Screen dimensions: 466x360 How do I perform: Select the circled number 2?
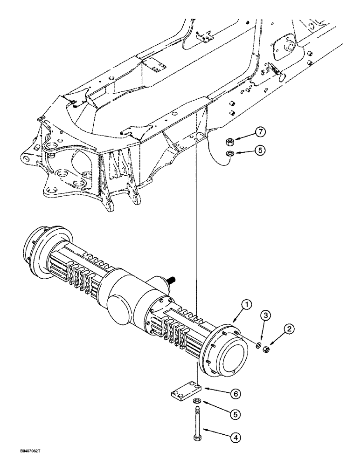290,329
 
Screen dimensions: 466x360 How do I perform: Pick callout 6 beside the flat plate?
236,394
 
